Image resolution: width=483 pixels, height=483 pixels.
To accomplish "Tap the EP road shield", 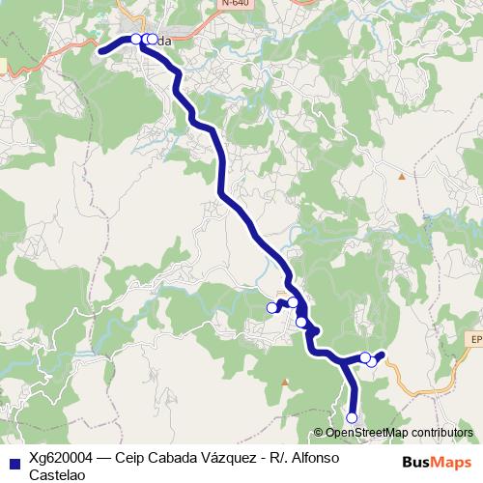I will click(x=474, y=339).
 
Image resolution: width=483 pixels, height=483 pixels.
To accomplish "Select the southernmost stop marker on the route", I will click(x=352, y=417).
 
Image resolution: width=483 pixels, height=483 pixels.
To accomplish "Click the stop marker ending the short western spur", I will click(x=271, y=308).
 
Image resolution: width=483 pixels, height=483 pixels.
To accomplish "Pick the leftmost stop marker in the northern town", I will click(x=135, y=40).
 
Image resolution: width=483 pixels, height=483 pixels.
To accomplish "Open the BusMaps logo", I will click(x=439, y=461).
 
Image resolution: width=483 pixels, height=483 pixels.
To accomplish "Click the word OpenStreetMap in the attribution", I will click(x=366, y=433).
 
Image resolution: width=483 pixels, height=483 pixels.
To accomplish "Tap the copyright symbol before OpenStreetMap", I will click(x=319, y=433).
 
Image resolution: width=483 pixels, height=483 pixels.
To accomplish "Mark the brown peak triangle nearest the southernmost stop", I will click(x=284, y=382).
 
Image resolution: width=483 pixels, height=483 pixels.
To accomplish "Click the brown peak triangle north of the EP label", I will click(x=402, y=177).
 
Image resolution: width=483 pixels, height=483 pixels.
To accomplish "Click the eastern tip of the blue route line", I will click(x=384, y=354).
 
